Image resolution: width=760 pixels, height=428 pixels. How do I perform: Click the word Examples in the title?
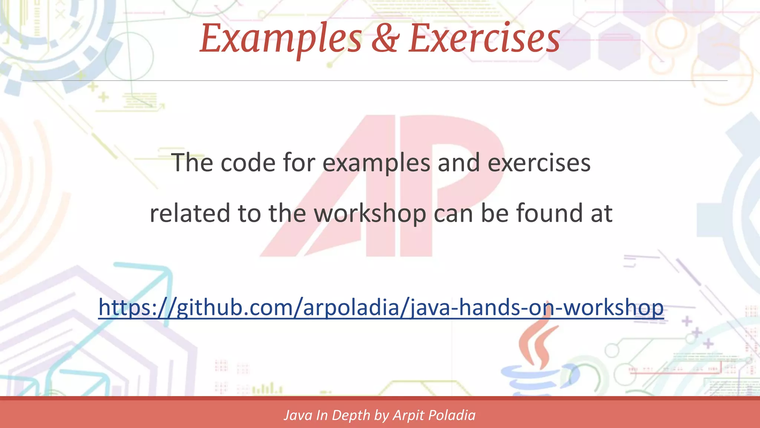[281, 39]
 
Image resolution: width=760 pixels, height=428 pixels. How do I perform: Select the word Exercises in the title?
[484, 39]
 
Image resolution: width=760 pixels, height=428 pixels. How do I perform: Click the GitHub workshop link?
[381, 308]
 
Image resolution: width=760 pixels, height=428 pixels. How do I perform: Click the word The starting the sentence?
[192, 163]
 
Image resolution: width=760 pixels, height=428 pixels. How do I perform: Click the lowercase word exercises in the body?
[539, 163]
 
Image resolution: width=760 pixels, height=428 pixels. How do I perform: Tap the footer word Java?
[298, 415]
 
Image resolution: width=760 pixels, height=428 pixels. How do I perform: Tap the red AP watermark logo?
[382, 186]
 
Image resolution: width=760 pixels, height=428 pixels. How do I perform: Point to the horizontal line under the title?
[380, 80]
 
